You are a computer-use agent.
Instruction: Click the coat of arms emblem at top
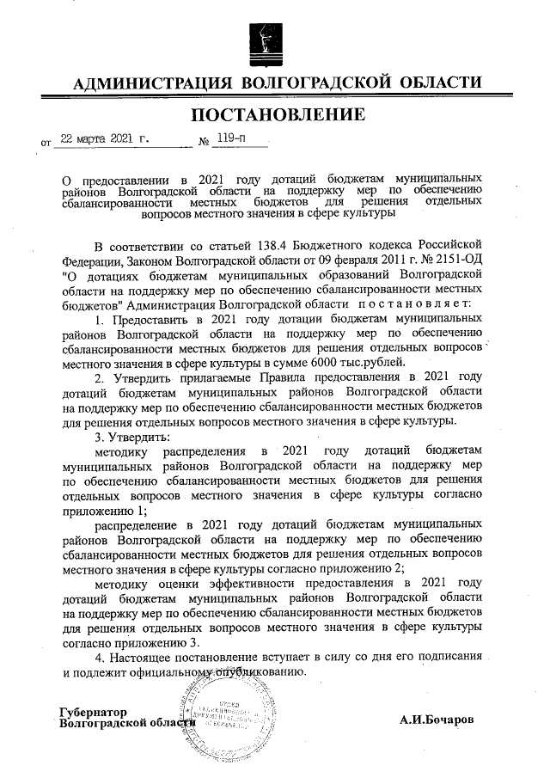point(268,40)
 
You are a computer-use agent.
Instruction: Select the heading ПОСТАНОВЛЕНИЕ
point(277,114)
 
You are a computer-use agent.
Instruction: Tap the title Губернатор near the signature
point(93,712)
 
